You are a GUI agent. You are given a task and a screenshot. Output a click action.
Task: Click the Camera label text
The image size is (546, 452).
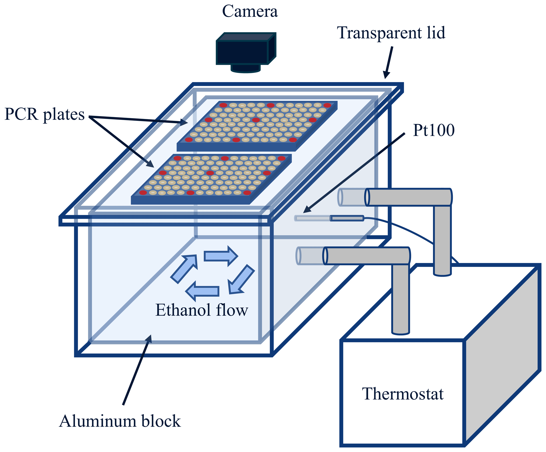(250, 12)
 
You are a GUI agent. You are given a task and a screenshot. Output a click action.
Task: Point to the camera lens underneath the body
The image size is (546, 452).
(246, 68)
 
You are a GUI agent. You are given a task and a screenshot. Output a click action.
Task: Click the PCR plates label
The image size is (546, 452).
(44, 114)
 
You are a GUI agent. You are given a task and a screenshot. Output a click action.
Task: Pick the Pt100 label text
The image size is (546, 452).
(433, 130)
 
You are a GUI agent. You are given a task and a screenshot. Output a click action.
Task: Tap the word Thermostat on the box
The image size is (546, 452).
(403, 394)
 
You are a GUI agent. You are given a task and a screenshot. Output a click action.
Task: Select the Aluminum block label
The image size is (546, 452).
(120, 421)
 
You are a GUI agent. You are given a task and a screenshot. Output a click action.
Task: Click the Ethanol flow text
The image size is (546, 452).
(202, 310)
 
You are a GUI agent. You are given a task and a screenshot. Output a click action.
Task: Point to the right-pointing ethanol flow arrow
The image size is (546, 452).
(221, 256)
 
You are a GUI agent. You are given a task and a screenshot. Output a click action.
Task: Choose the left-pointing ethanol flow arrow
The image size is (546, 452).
(203, 291)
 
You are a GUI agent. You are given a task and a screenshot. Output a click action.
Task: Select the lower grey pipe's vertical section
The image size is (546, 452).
(400, 299)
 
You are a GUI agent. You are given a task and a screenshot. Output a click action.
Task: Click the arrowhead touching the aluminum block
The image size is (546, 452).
(149, 339)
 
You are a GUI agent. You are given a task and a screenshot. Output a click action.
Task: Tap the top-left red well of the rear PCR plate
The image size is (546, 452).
(223, 105)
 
